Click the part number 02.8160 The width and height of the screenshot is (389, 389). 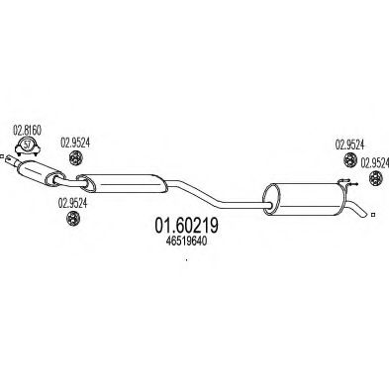27,130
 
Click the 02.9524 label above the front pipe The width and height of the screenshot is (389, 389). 77,140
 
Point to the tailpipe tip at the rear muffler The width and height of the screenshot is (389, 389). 369,213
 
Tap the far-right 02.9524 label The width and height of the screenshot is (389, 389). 374,159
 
